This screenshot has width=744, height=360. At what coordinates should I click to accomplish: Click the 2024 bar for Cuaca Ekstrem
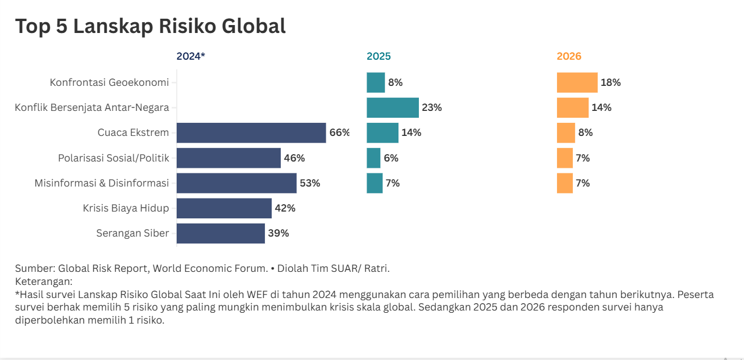pos(251,133)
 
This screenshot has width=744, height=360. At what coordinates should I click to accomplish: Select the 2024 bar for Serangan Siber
pos(221,233)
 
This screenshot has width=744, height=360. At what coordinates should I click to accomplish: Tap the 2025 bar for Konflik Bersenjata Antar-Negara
pos(392,107)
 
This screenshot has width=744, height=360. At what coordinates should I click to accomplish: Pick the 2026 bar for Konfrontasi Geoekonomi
pos(577,82)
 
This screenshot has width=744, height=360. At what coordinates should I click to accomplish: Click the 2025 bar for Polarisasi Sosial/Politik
pos(373,158)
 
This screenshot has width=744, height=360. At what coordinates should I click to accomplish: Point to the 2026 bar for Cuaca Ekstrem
pos(566,133)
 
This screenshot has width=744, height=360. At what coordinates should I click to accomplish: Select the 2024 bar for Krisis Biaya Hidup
pos(224,208)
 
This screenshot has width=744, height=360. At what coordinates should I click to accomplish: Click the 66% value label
pos(339,133)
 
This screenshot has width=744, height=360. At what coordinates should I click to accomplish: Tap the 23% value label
pos(432,107)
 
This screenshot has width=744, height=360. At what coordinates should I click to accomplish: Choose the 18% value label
pos(611,82)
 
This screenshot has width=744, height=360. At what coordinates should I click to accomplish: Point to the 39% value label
pos(279,233)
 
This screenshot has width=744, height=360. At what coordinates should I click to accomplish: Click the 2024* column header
pos(190,56)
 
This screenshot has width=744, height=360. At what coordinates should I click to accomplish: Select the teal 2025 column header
pos(379,56)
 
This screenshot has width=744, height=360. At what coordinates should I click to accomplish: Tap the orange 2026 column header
pos(569,56)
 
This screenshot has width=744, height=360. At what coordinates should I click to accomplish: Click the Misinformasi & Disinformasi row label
pos(102,183)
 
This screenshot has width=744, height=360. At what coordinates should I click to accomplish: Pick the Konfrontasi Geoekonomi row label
pos(109,82)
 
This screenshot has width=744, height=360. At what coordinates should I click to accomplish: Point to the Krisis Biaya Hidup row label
pos(126,208)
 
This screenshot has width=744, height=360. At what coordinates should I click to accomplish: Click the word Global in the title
pos(250,26)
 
